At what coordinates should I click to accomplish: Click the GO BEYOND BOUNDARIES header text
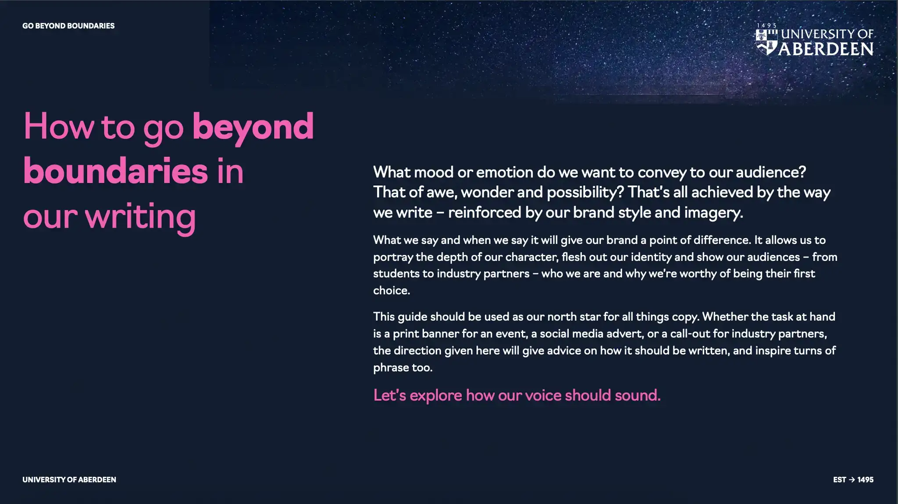[68, 26]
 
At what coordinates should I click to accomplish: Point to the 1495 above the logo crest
[767, 25]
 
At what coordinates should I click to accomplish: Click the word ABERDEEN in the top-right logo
[826, 49]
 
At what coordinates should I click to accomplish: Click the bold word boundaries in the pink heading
[115, 171]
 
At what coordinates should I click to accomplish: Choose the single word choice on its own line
[392, 290]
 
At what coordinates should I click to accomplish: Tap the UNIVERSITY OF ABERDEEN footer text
[69, 480]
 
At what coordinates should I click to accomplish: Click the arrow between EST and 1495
[852, 480]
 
